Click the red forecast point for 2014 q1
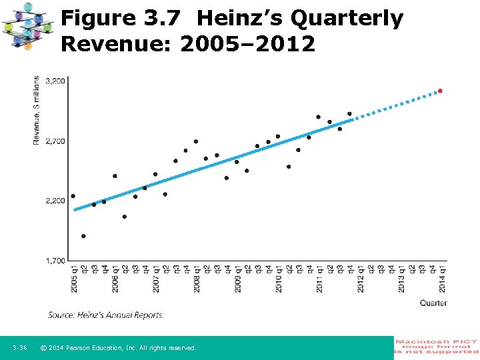(440, 91)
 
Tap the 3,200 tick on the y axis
(56, 81)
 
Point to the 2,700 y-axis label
(56, 141)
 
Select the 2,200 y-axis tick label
(56, 201)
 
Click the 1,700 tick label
(56, 261)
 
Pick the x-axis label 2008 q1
(196, 279)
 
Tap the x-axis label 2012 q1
(360, 279)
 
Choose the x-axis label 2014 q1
(442, 279)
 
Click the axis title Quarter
(433, 303)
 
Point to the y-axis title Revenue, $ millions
(36, 111)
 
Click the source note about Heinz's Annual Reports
(105, 315)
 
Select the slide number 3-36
(19, 348)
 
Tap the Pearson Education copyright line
(118, 348)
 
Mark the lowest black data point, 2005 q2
(83, 236)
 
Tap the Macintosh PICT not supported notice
(437, 346)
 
